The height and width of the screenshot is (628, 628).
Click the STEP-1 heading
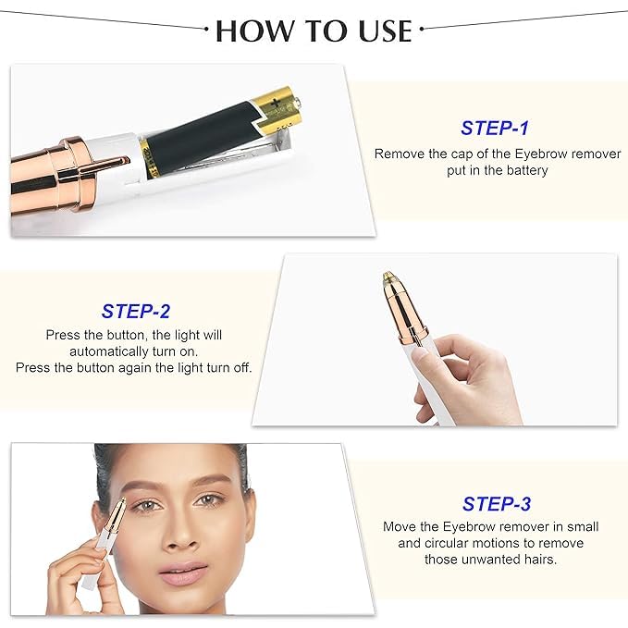495,129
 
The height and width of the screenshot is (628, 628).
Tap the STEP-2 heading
136,311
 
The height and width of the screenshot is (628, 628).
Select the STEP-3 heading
497,504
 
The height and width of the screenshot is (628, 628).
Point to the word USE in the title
386,31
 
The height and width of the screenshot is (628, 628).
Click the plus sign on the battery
276,104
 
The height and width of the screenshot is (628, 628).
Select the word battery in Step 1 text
527,170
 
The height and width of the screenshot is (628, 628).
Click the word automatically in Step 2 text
109,351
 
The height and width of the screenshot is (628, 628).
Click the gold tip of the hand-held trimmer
388,277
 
